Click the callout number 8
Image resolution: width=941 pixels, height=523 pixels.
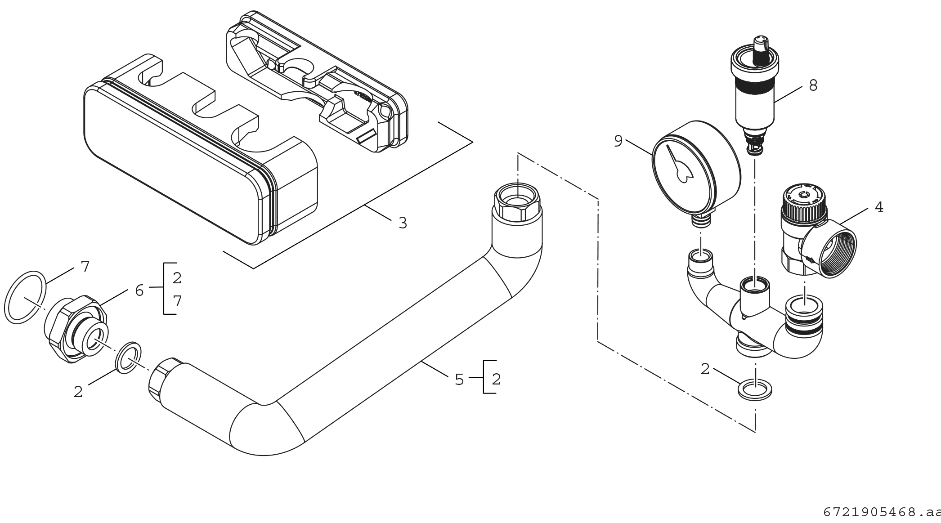pos(813,85)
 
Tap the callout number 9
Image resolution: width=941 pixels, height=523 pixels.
pos(618,141)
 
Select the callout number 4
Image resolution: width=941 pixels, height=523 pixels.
pos(879,207)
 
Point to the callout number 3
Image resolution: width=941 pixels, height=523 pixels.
pos(403,223)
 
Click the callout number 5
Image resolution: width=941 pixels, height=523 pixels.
pos(459,380)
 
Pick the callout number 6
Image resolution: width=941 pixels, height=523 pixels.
pos(139,291)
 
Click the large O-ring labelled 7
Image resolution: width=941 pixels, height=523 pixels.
pos(25,298)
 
